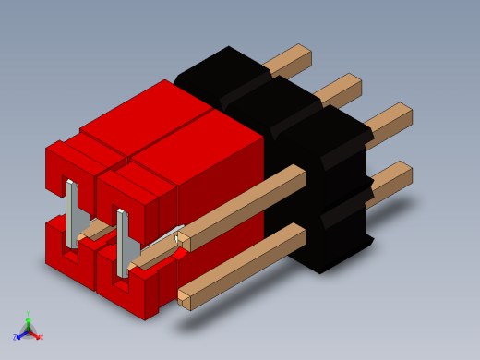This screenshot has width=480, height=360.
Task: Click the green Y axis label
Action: [28, 315]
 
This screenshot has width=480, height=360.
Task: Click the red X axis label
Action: [41, 337]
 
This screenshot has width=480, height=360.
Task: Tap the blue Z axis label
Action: [16, 337]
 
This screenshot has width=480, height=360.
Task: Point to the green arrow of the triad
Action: [28, 322]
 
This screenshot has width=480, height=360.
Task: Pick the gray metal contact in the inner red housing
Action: [122, 243]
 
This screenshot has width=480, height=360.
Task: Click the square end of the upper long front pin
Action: [184, 241]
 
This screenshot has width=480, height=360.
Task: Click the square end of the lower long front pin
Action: [184, 299]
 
